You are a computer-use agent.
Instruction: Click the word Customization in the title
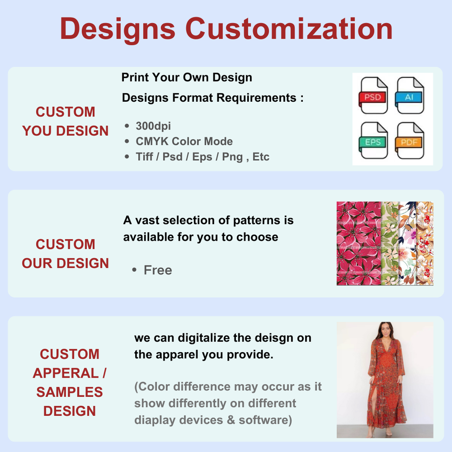coord(289,29)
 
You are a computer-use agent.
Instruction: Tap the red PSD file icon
coord(373,96)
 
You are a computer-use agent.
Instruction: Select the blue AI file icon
coord(409,96)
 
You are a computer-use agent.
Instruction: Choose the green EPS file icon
coord(373,140)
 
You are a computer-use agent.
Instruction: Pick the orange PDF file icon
coord(409,140)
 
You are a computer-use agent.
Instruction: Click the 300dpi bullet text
coord(153,126)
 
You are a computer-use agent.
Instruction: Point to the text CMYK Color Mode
coord(184,141)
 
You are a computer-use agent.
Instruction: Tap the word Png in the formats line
coord(232,157)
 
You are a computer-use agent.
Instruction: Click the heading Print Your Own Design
coord(187,78)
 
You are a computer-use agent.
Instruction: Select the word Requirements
coord(257,98)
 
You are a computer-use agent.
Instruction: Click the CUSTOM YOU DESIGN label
coord(65,121)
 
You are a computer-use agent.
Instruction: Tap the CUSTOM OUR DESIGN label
coord(65,254)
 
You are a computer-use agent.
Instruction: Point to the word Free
coord(158,270)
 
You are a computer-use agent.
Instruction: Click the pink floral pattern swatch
coord(359,243)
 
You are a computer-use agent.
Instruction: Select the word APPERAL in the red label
coord(66,373)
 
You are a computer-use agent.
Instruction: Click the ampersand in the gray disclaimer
coord(231,420)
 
